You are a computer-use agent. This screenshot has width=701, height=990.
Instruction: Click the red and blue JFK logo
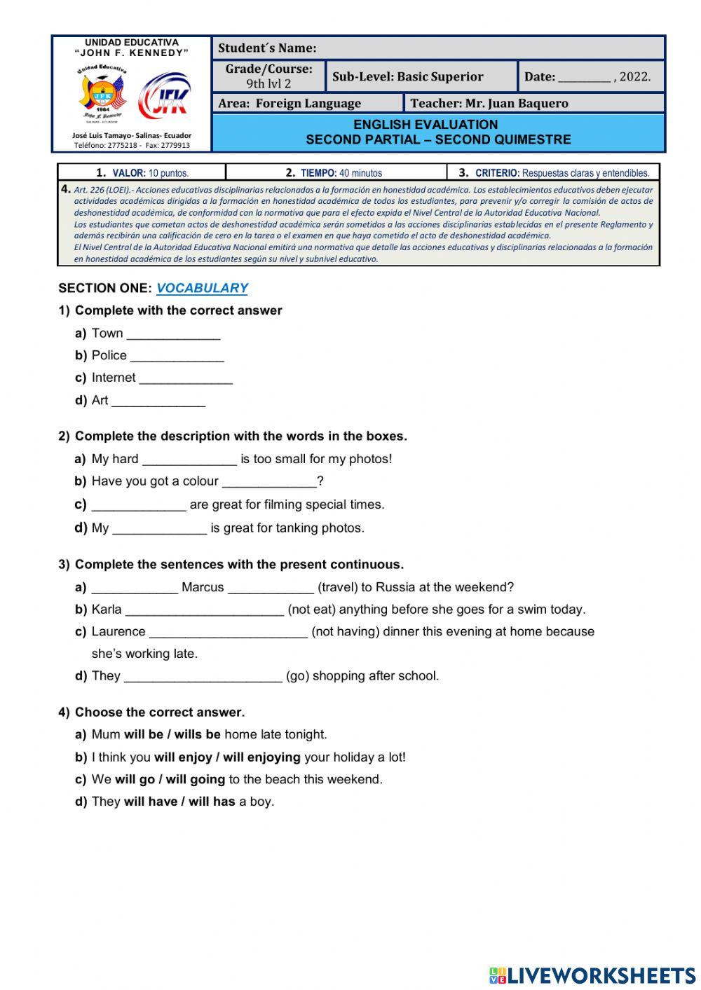pyautogui.click(x=164, y=96)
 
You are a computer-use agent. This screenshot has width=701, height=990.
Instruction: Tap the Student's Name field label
pyautogui.click(x=267, y=48)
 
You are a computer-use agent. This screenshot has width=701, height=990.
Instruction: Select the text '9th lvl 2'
pyautogui.click(x=268, y=83)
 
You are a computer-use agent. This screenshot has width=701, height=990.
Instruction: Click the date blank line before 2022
pyautogui.click(x=584, y=78)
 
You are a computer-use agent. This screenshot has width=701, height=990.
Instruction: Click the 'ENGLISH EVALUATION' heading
pyautogui.click(x=426, y=125)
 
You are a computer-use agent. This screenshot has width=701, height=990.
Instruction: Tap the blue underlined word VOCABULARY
pyautogui.click(x=202, y=288)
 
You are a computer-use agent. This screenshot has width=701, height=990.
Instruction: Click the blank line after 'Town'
pyautogui.click(x=173, y=334)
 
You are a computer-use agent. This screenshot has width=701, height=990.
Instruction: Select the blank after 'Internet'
pyautogui.click(x=186, y=378)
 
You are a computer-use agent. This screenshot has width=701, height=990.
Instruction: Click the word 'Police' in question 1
pyautogui.click(x=109, y=355)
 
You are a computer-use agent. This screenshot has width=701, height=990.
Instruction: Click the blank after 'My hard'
pyautogui.click(x=189, y=460)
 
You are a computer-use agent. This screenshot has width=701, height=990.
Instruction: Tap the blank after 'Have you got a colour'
pyautogui.click(x=269, y=482)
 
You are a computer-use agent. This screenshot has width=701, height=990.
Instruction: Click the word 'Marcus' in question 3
pyautogui.click(x=203, y=587)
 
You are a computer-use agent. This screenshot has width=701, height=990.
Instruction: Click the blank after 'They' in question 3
pyautogui.click(x=203, y=676)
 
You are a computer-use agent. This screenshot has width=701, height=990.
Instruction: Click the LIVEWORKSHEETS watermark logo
pyautogui.click(x=592, y=975)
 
